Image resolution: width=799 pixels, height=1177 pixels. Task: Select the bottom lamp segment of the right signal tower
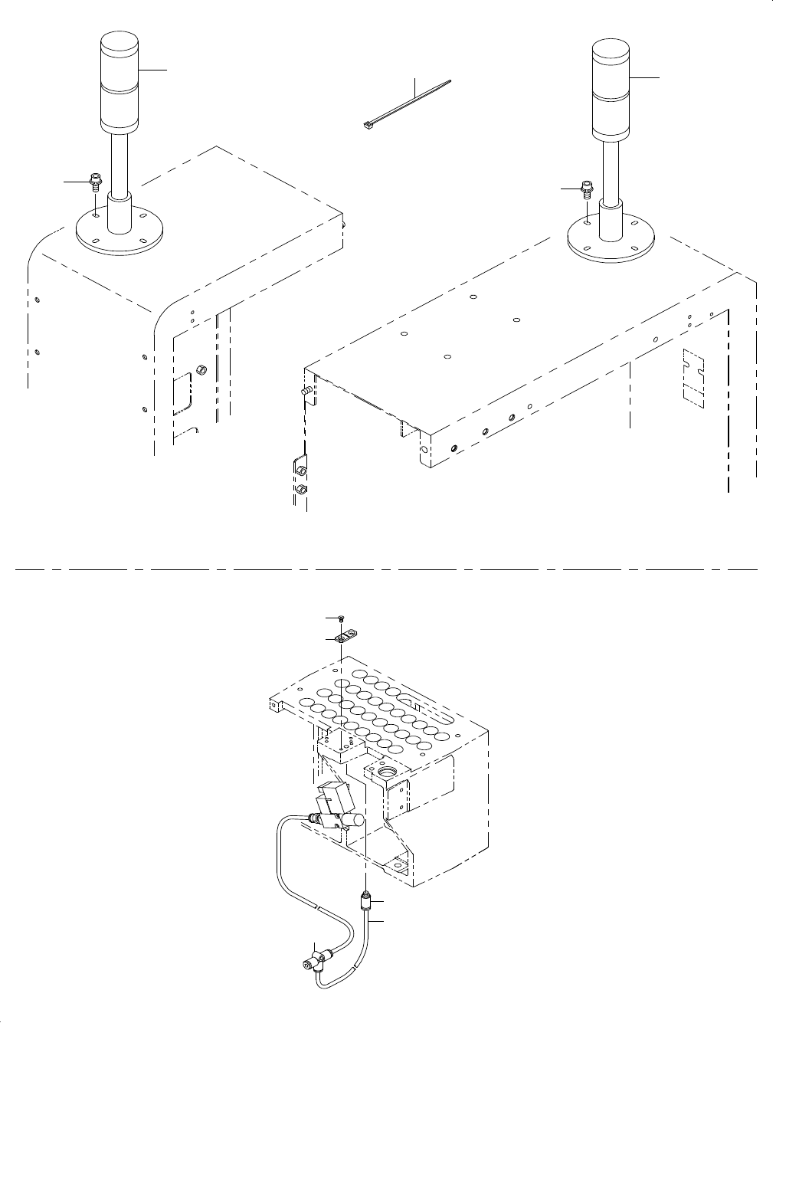pos(611,120)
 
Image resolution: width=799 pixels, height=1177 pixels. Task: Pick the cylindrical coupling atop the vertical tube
pos(366,900)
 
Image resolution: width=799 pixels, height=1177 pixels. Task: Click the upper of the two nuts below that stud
pos(302,468)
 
